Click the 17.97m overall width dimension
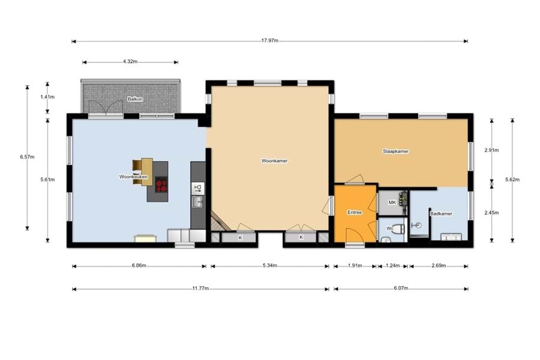[269, 41]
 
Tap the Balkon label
[135, 99]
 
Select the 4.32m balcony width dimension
[130, 62]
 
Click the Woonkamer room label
[274, 161]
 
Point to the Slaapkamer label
[396, 151]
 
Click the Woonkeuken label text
[133, 177]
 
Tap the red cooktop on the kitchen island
[161, 184]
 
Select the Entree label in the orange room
[355, 212]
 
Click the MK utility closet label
[392, 203]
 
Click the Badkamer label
[441, 214]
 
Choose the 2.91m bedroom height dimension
[491, 150]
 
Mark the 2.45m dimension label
[491, 212]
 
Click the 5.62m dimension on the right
[512, 179]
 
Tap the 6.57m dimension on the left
[27, 157]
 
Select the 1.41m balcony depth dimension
[47, 97]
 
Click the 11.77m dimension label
[200, 289]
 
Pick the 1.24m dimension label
[392, 266]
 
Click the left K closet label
[240, 238]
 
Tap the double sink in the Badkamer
[451, 236]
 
